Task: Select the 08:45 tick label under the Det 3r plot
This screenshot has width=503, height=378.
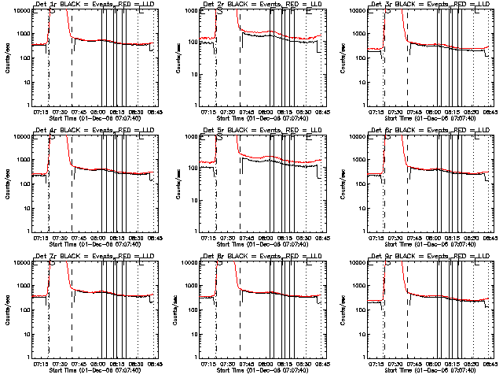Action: [489, 112]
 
